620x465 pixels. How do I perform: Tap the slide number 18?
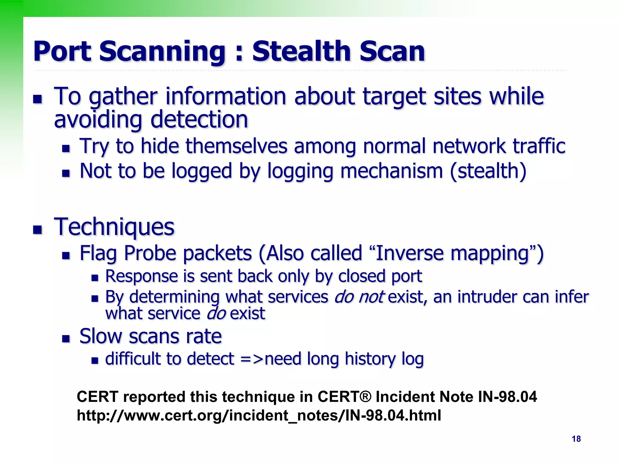pos(576,439)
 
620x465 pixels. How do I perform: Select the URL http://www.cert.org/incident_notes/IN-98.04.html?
pos(259,415)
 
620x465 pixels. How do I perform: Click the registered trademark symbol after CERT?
pos(366,397)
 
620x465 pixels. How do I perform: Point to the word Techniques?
pos(114,227)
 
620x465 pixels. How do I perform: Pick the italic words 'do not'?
pos(359,297)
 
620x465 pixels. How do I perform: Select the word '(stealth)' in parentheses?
pos(488,171)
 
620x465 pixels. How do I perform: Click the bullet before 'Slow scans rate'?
pos(66,338)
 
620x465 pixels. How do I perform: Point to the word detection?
pos(199,120)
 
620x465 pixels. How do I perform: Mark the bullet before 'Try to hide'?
pos(66,148)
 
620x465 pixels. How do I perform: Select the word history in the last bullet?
pos(370,359)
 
